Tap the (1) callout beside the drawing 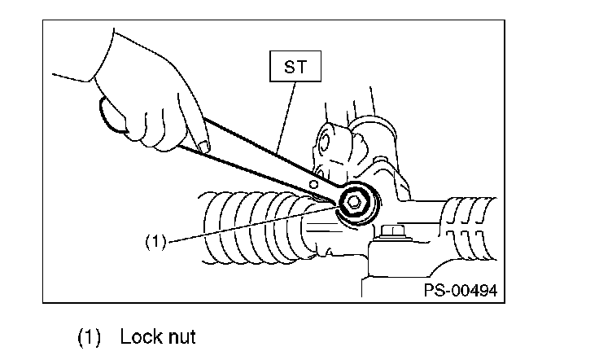coord(155,242)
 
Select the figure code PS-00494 coord(460,289)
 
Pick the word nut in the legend coord(181,336)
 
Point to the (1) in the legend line coord(91,336)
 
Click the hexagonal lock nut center coord(355,204)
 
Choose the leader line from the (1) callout coord(244,227)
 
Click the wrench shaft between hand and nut coord(260,159)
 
